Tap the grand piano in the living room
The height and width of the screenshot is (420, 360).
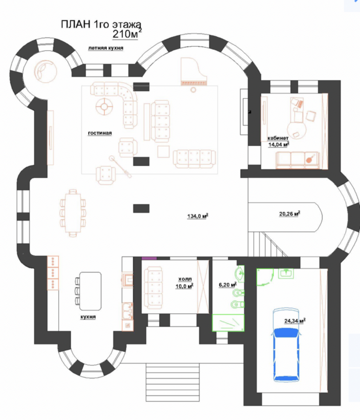pyautogui.click(x=194, y=71)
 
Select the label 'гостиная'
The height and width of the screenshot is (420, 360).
pyautogui.click(x=100, y=133)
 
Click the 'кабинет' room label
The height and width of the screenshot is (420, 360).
pyautogui.click(x=278, y=138)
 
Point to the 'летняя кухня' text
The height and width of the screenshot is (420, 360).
pyautogui.click(x=105, y=48)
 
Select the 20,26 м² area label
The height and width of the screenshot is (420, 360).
pyautogui.click(x=290, y=214)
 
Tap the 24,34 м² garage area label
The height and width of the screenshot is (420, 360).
pyautogui.click(x=295, y=321)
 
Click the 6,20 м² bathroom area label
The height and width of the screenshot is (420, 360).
pyautogui.click(x=228, y=285)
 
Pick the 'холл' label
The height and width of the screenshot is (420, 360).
pyautogui.click(x=185, y=279)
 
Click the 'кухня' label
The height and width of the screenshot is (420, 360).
pyautogui.click(x=88, y=317)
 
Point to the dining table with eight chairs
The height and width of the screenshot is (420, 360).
pyautogui.click(x=73, y=213)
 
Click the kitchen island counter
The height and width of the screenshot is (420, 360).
pyautogui.click(x=90, y=291)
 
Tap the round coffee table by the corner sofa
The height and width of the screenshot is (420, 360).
pyautogui.click(x=104, y=106)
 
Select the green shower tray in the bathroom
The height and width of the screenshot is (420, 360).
pyautogui.click(x=228, y=323)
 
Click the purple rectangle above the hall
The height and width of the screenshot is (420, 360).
pyautogui.click(x=149, y=258)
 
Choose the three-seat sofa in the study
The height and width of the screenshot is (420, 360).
pyautogui.click(x=298, y=160)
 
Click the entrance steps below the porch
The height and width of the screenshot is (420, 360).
pyautogui.click(x=173, y=382)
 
